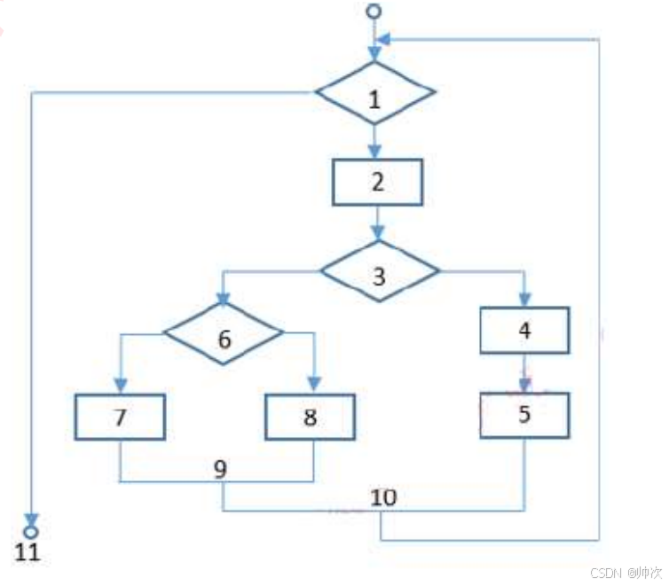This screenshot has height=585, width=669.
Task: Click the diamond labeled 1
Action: click(375, 94)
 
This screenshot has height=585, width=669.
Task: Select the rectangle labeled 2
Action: click(377, 183)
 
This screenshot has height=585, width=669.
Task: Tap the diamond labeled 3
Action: click(379, 275)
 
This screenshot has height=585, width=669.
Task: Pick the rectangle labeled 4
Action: click(524, 331)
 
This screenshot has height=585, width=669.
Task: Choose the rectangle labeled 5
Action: click(524, 414)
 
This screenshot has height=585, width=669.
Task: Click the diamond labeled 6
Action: click(224, 334)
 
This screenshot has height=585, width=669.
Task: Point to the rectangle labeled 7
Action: click(120, 417)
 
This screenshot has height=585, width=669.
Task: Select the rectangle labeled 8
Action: click(311, 417)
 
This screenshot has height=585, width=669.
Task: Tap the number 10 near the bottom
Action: click(383, 497)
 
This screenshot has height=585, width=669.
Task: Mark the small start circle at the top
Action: click(374, 12)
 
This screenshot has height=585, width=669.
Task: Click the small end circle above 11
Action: click(31, 532)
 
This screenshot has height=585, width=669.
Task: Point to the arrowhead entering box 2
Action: click(376, 152)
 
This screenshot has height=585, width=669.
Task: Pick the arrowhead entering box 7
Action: click(120, 386)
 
